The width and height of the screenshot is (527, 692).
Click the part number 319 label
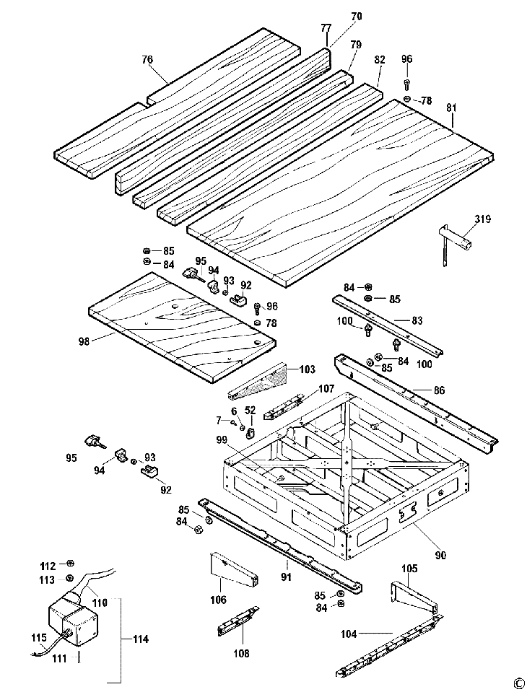tap(482, 219)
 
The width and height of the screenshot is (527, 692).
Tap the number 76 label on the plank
tap(147, 60)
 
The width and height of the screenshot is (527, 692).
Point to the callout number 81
tap(452, 108)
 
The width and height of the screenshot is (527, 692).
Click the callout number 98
tap(84, 341)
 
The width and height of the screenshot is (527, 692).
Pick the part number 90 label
tap(440, 555)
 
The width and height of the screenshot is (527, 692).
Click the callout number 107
tap(326, 390)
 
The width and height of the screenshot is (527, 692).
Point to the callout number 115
tap(38, 636)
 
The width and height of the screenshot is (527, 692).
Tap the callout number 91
tap(286, 577)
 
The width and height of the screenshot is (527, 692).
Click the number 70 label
tap(356, 15)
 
